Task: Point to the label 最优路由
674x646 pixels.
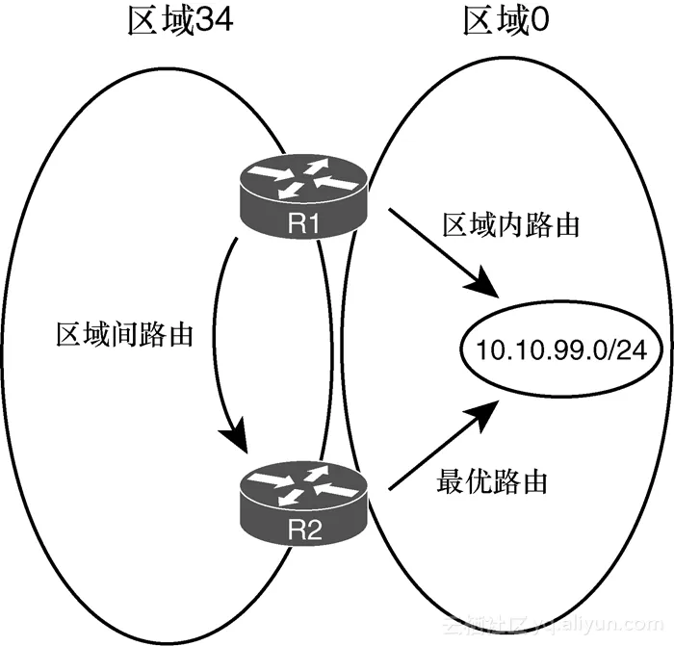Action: click(491, 480)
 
